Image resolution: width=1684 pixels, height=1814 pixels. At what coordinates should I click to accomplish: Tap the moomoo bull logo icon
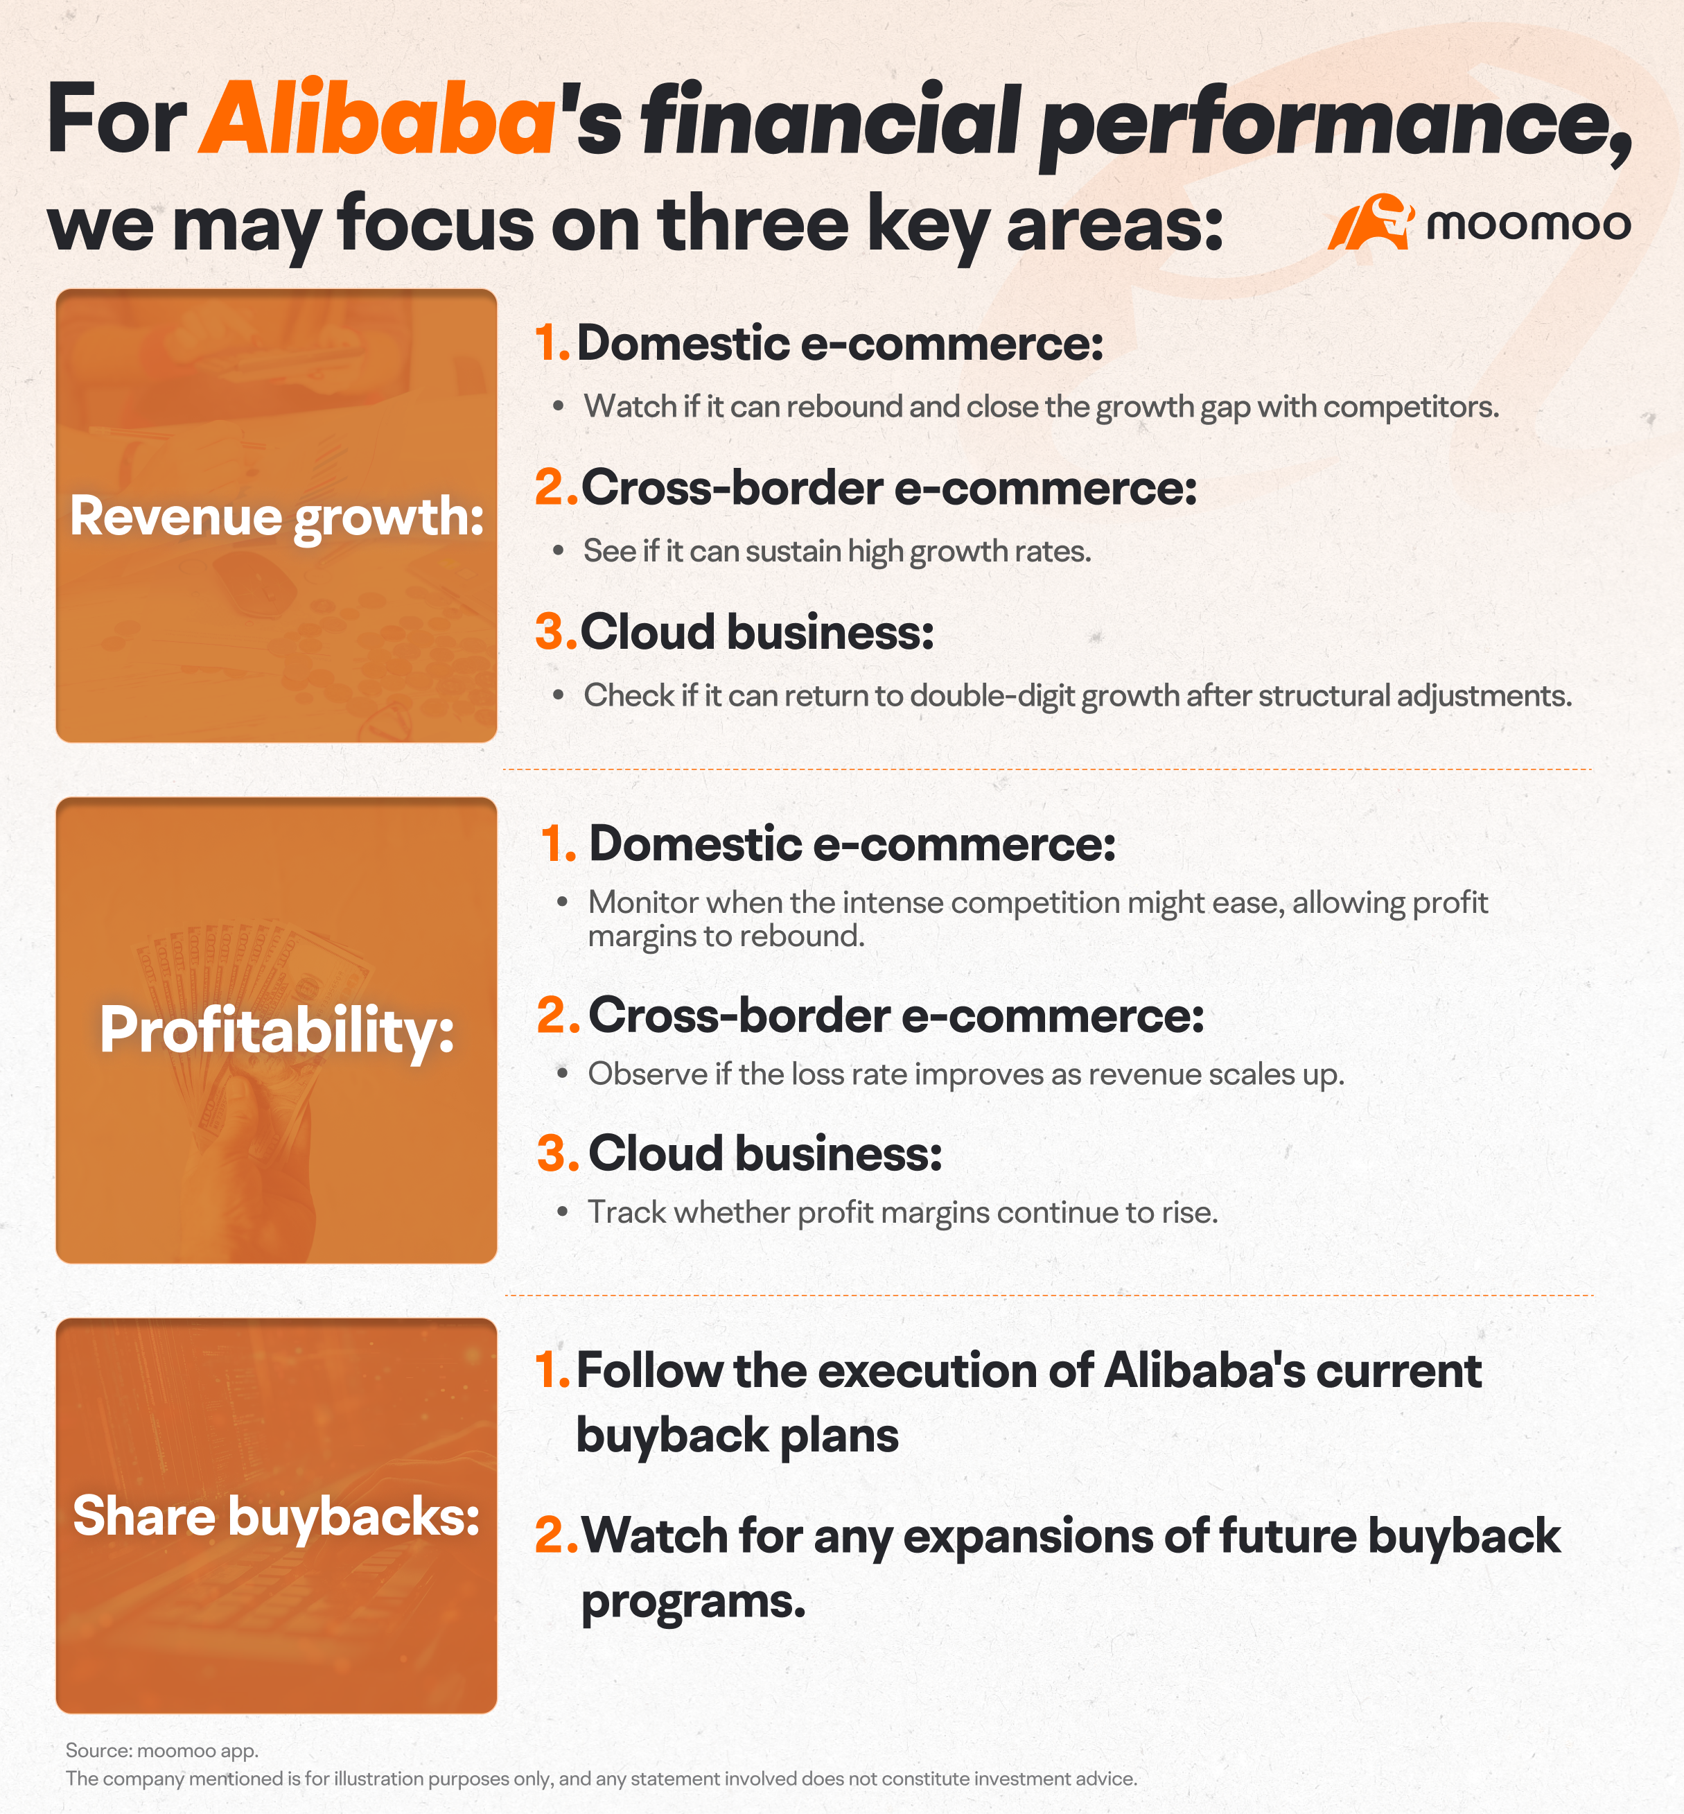point(1369,222)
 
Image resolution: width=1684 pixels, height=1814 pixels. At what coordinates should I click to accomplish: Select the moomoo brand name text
point(1528,225)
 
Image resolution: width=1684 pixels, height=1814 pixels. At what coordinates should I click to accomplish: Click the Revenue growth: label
point(277,517)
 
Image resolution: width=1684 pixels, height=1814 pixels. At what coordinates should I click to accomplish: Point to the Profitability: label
point(277,1031)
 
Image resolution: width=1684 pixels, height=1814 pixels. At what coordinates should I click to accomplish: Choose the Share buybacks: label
point(276,1516)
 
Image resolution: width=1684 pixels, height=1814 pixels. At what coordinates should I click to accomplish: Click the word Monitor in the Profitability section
point(642,902)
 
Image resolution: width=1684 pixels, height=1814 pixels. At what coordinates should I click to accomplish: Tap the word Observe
point(647,1074)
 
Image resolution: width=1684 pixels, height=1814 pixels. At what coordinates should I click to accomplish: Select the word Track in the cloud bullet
point(626,1212)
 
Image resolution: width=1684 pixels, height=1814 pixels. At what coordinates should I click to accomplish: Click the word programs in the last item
point(694,1603)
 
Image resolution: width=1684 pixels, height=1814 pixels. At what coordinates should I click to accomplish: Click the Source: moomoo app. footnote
point(162,1751)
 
